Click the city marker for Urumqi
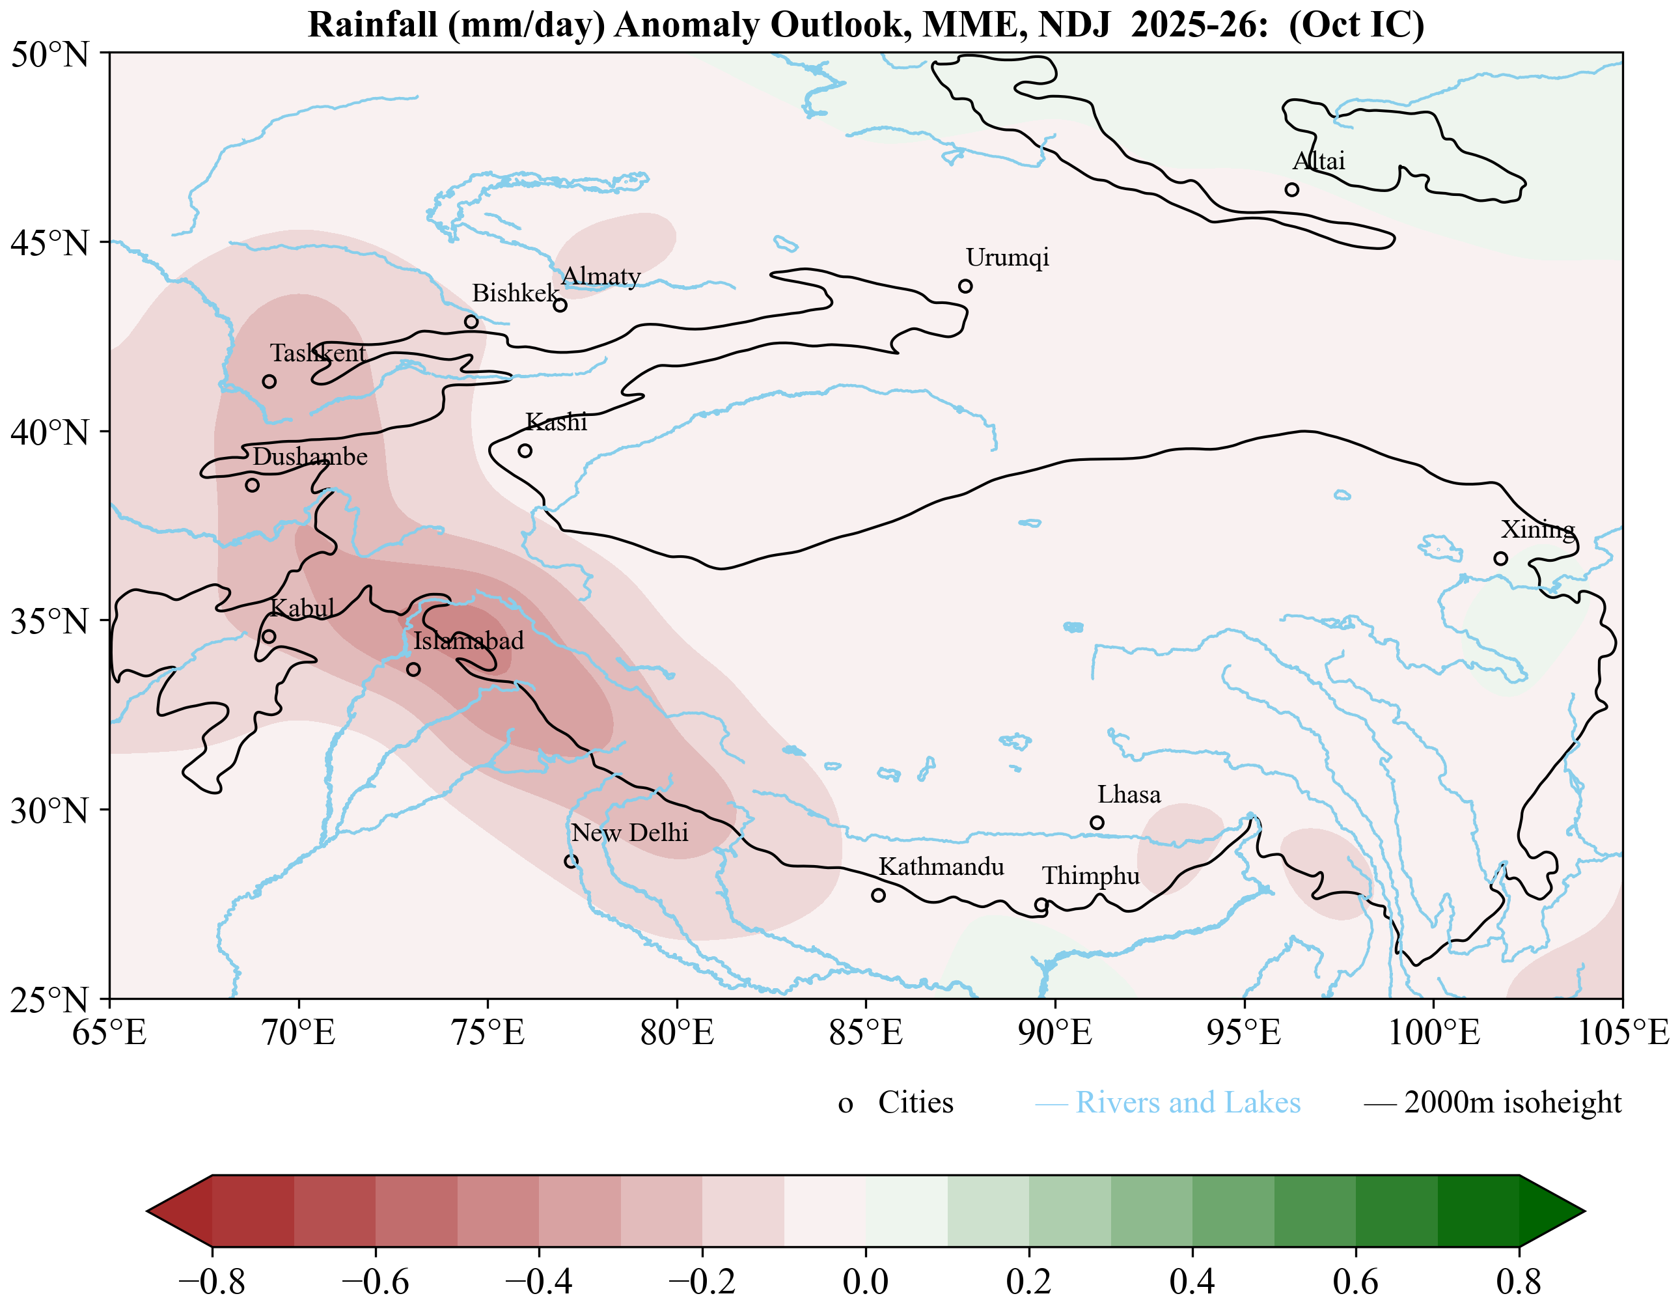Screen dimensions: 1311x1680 [x=965, y=286]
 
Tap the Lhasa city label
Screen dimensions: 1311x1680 [x=1129, y=794]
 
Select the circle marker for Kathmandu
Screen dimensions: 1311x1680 [x=879, y=895]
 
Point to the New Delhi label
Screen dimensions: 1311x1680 [x=629, y=833]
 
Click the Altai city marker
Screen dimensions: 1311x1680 [x=1292, y=189]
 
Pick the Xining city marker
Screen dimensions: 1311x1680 [x=1501, y=559]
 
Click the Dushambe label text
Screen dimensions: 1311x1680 [x=310, y=456]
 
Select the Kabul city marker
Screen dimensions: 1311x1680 [x=268, y=636]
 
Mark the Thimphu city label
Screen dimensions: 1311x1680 [x=1091, y=876]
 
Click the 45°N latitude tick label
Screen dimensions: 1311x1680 [x=50, y=243]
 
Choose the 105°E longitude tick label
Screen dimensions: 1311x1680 [x=1623, y=1032]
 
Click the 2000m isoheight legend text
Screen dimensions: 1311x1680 [x=1512, y=1103]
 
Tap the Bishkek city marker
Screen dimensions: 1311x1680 [x=471, y=322]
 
